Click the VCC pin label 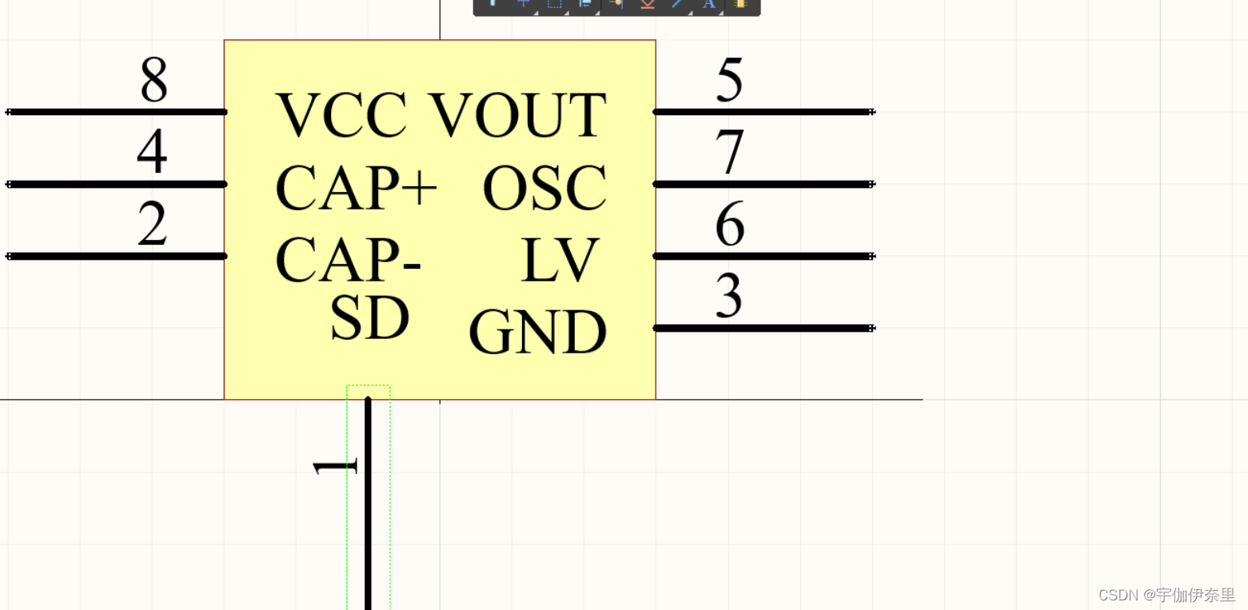(x=341, y=116)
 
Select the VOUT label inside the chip (x=518, y=116)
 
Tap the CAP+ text (x=356, y=188)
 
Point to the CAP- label (x=348, y=261)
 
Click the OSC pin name (x=544, y=189)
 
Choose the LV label (x=559, y=261)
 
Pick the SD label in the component (x=369, y=318)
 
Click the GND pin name (x=537, y=333)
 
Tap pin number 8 (x=154, y=80)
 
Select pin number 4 (x=152, y=152)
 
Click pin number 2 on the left (x=152, y=224)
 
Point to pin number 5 (x=729, y=80)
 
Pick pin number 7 (x=729, y=152)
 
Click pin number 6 (x=729, y=225)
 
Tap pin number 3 (x=729, y=297)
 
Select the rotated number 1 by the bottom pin (x=334, y=467)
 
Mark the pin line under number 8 (x=117, y=112)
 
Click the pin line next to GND (x=764, y=328)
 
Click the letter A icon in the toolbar (x=708, y=4)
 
